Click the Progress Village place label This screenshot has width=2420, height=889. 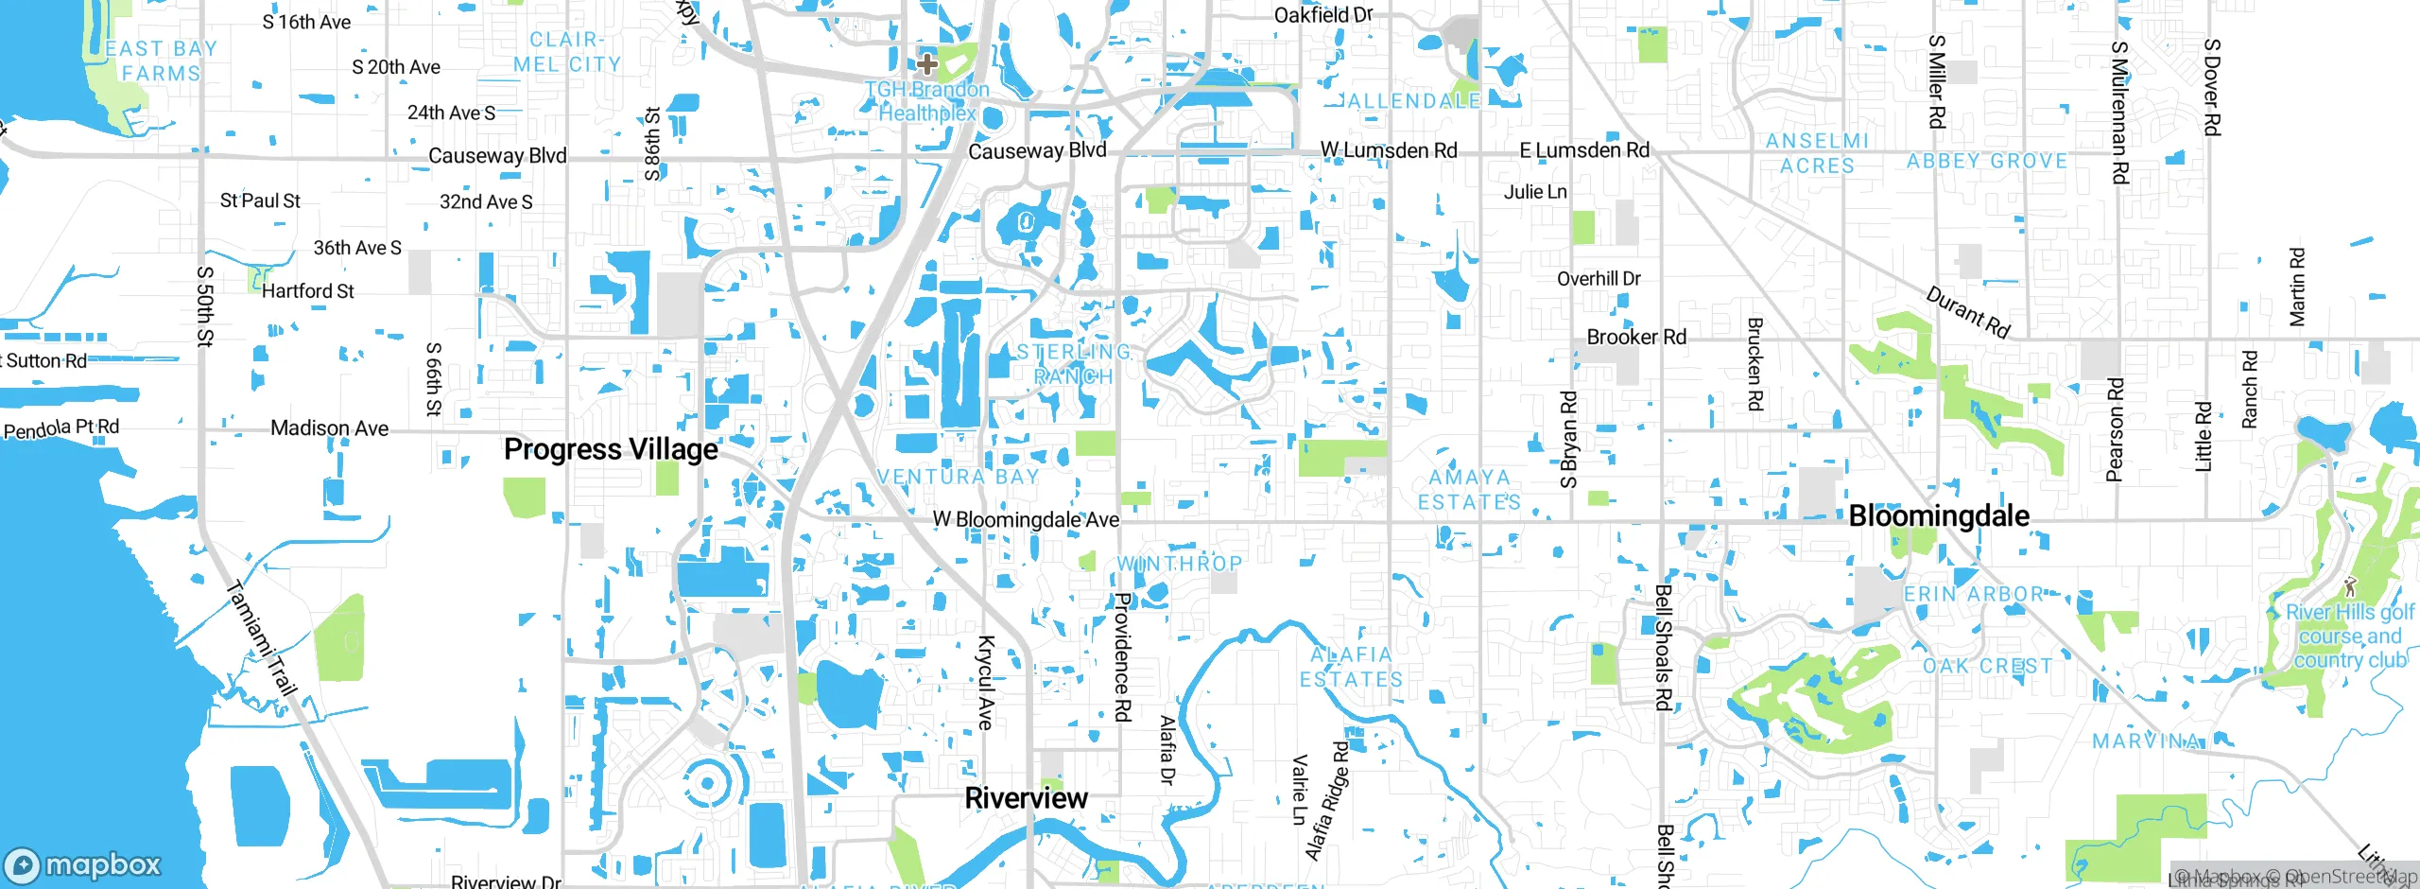(611, 449)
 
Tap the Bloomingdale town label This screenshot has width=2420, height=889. (1939, 515)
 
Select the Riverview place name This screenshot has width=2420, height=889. (1026, 798)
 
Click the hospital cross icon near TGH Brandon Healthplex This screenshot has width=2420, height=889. (927, 64)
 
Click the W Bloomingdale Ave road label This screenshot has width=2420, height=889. (1026, 519)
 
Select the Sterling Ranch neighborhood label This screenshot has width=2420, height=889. (1074, 364)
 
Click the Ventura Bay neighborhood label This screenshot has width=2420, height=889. (959, 477)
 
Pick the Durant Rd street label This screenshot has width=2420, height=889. (1968, 313)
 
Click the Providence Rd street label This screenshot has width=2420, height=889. (1123, 657)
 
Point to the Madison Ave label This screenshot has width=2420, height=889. (329, 428)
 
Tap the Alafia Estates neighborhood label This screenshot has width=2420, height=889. (1352, 667)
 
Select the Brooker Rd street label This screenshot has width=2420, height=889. (1636, 338)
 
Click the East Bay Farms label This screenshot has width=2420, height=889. (161, 61)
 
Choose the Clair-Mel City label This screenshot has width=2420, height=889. (567, 52)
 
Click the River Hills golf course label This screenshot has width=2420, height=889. (2350, 636)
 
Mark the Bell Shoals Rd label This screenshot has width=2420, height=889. (1663, 648)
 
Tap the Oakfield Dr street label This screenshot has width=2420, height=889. (1322, 15)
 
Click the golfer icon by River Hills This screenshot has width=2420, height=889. (2351, 585)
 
